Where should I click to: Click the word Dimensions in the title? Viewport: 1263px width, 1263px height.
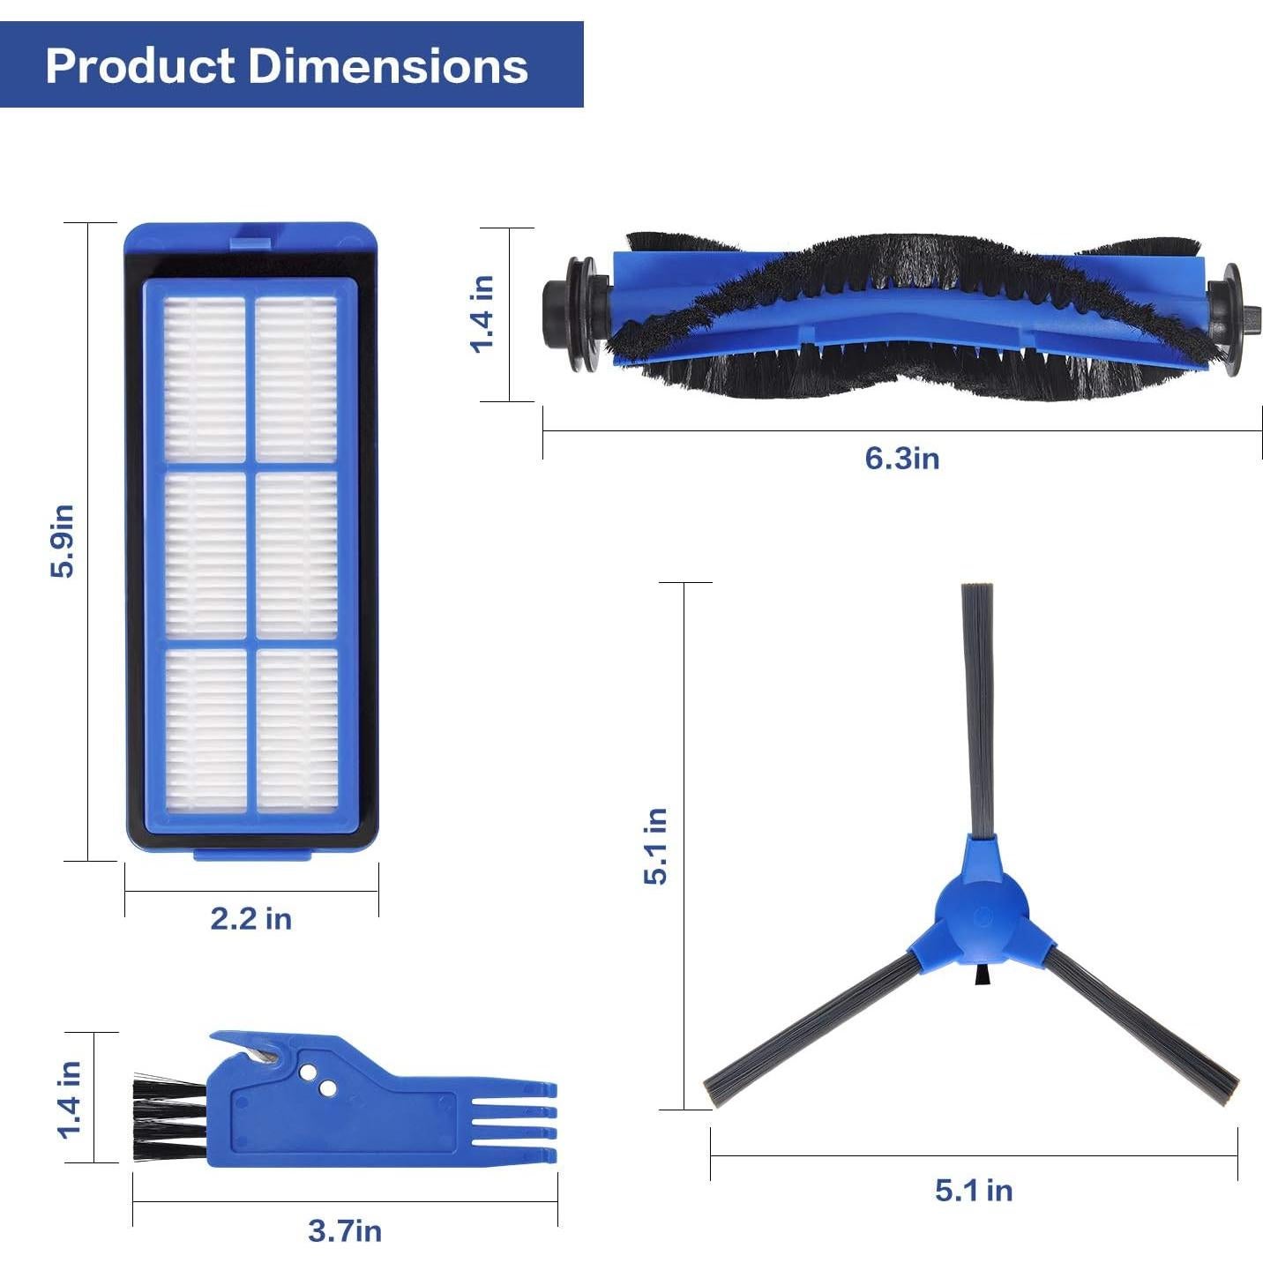click(x=388, y=66)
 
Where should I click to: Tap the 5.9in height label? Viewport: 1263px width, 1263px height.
click(x=63, y=542)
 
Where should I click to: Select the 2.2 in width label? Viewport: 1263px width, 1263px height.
click(x=250, y=918)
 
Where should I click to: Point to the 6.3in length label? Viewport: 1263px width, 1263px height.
click(x=901, y=459)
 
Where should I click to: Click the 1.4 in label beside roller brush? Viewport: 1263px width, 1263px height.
click(x=482, y=314)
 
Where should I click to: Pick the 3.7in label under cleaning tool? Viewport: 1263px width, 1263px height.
click(x=344, y=1230)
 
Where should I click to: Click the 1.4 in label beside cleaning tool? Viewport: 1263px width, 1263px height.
click(x=70, y=1099)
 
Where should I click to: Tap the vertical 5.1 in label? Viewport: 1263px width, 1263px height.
click(x=655, y=846)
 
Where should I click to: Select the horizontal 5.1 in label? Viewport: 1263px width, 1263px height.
click(x=973, y=1190)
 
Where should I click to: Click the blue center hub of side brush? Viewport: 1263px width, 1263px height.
click(x=981, y=917)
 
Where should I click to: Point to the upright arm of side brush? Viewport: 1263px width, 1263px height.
click(x=977, y=706)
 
